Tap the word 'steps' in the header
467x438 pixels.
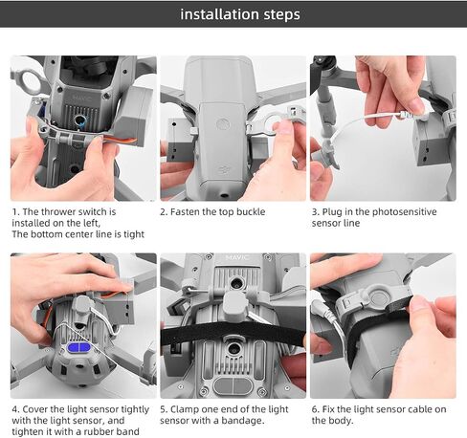click(282, 15)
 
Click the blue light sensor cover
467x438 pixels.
click(79, 347)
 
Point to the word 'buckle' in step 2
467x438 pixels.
click(250, 211)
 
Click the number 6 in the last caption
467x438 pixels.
click(315, 409)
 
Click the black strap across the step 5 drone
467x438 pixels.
click(233, 333)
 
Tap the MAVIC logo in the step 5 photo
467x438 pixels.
click(236, 257)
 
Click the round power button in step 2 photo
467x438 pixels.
click(222, 123)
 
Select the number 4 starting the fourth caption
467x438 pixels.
click(14, 409)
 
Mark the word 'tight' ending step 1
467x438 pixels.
click(134, 234)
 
